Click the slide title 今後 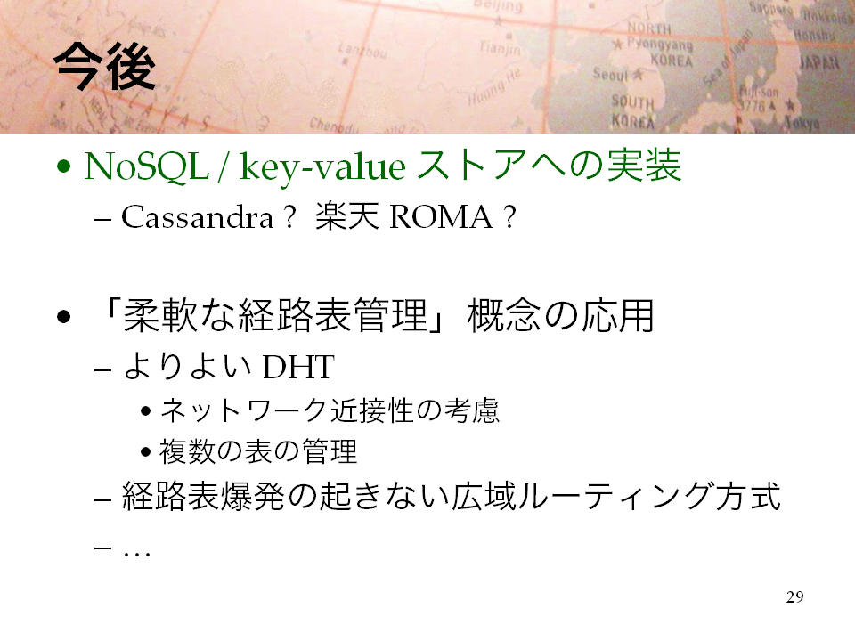click(105, 67)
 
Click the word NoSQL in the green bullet click(146, 166)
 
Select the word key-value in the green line click(322, 167)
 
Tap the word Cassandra click(197, 217)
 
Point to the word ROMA click(441, 217)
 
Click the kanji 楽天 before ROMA click(346, 216)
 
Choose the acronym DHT click(298, 367)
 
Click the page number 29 click(795, 596)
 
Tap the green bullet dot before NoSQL click(64, 166)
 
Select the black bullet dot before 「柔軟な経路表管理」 click(64, 317)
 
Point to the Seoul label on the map click(611, 74)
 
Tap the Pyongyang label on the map click(659, 43)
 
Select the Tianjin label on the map click(500, 48)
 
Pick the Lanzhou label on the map click(362, 50)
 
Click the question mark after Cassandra click(289, 217)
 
